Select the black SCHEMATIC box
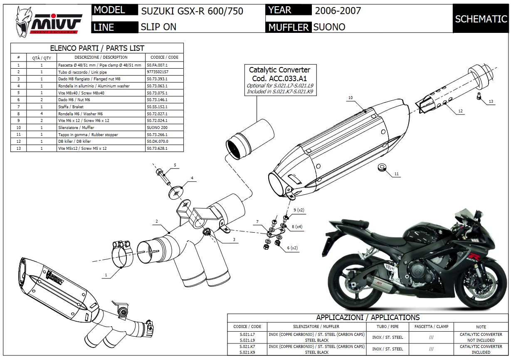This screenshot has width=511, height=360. coord(481,19)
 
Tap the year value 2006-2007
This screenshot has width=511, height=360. coord(338,10)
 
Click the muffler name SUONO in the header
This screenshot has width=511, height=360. coord(329,27)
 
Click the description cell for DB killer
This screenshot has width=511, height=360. coord(101,142)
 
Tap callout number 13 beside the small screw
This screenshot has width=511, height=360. coord(491,101)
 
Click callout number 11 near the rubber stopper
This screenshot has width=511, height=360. coord(396,174)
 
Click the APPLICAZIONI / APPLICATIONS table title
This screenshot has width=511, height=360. coord(368,318)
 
